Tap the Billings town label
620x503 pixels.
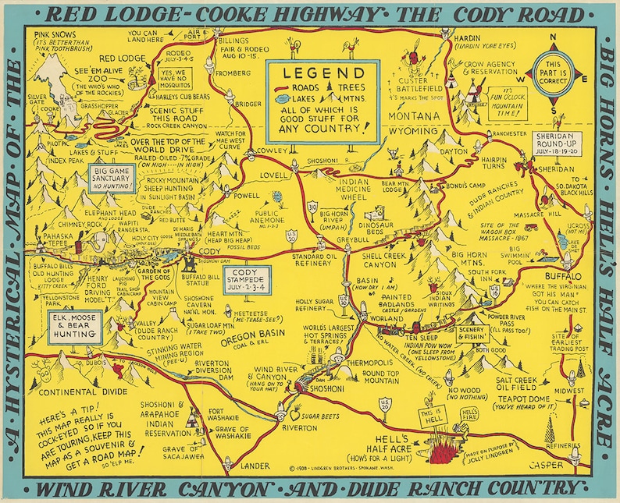(x=233, y=41)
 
